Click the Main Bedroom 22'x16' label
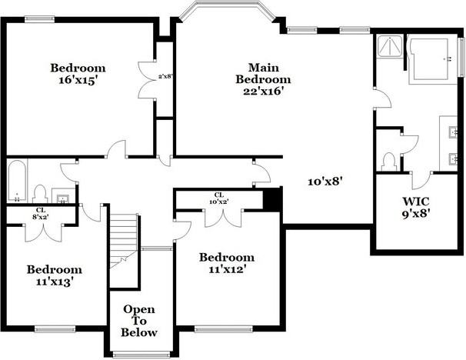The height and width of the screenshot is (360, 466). coord(263,79)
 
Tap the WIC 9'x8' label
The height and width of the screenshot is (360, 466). coord(416,208)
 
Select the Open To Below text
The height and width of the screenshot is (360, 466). coord(139,321)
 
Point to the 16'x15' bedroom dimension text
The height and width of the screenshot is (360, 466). coord(78,80)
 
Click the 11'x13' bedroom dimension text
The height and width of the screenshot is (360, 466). coord(55,282)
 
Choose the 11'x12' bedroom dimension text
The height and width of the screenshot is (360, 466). coord(227,269)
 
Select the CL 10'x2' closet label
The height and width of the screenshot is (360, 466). coord(219,198)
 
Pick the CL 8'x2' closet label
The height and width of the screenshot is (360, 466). coord(41,213)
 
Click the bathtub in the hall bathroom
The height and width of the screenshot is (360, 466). coord(17,181)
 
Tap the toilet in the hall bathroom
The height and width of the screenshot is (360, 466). coord(40,194)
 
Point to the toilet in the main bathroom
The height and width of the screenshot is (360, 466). coord(389,162)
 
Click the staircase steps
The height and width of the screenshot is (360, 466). coord(123,241)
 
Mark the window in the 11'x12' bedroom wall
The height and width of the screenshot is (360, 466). coord(224,328)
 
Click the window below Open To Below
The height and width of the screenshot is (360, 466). coord(141,355)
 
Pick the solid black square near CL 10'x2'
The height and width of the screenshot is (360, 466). coord(272,198)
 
